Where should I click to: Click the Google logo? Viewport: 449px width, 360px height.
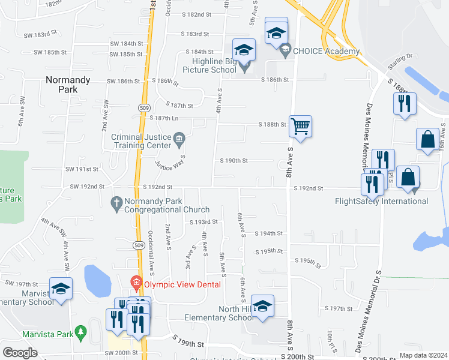[20, 353]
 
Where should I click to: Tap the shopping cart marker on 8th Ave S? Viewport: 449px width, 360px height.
[300, 127]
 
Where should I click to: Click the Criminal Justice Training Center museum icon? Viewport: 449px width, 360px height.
[179, 141]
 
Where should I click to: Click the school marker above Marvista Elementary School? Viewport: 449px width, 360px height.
[61, 289]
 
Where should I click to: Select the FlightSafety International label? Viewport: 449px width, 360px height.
[382, 201]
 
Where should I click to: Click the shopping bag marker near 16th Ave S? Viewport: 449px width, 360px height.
[427, 139]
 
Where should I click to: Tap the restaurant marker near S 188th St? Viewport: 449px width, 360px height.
[405, 103]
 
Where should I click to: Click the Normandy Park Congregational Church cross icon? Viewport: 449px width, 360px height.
[118, 205]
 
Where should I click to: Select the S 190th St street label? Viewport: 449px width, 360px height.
[234, 161]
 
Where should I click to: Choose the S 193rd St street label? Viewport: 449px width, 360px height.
[203, 222]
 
